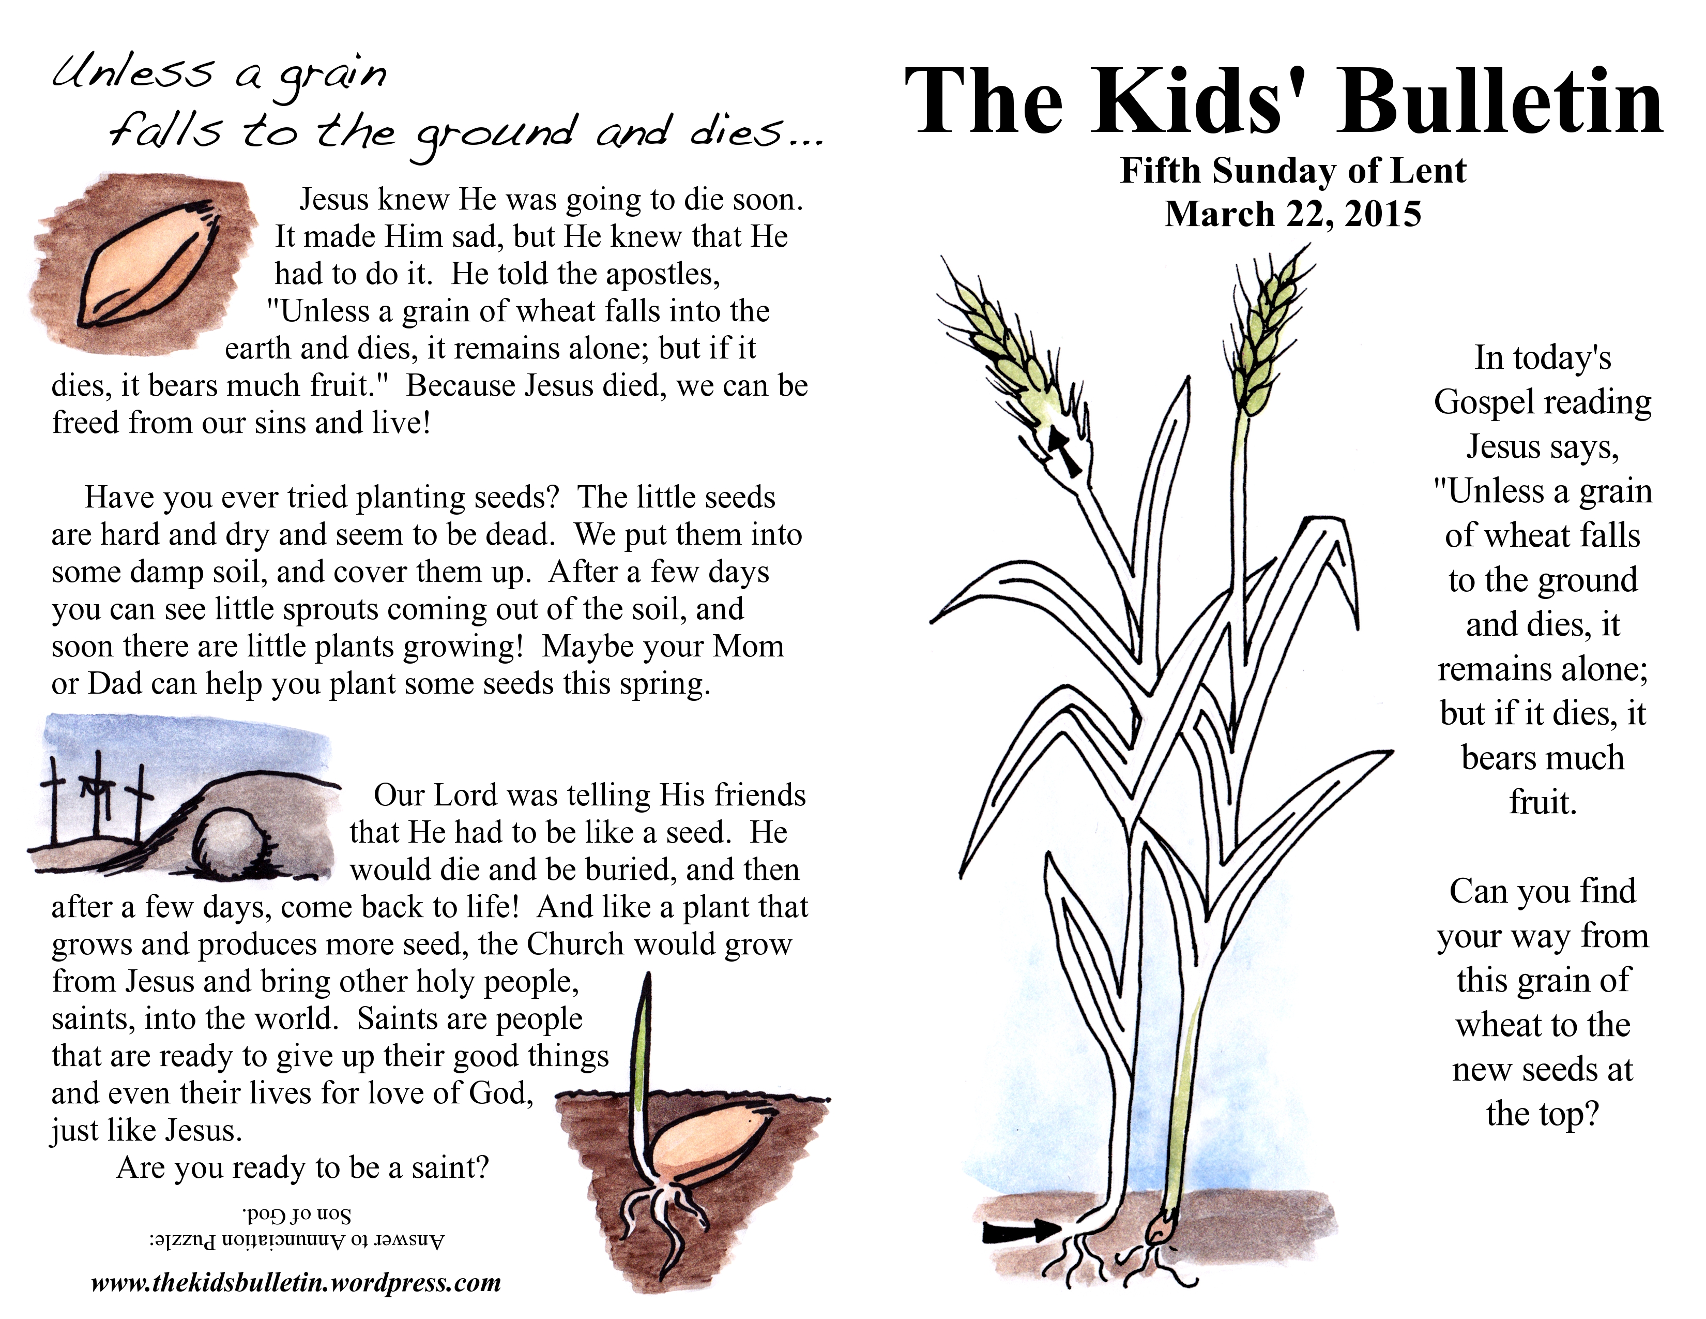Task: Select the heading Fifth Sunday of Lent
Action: coord(1293,170)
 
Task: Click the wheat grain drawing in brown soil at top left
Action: coord(148,262)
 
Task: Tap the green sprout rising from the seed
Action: coord(644,1039)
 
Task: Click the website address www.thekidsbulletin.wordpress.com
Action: coord(296,1282)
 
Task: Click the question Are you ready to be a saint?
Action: coord(302,1167)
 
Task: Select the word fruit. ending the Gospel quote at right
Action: coord(1543,802)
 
